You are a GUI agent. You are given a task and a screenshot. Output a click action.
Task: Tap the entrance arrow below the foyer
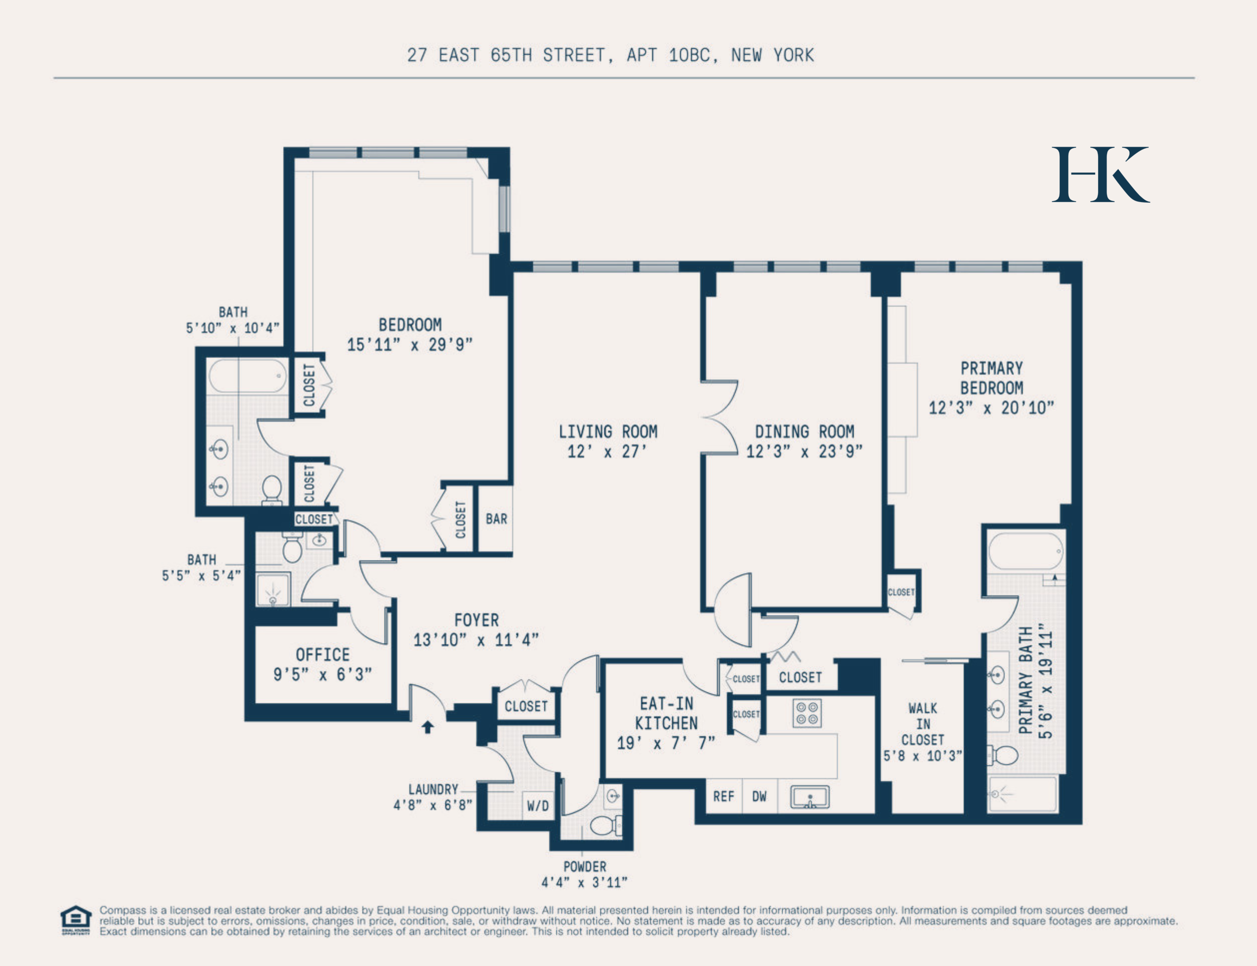[427, 727]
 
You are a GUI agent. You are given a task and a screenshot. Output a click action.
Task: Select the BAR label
[496, 519]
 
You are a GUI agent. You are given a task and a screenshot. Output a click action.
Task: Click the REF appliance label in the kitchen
[723, 797]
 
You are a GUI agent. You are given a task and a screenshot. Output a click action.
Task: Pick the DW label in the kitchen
[759, 797]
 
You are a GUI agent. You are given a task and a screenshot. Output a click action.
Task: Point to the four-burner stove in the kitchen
[807, 714]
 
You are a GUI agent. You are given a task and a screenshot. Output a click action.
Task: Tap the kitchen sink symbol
[810, 797]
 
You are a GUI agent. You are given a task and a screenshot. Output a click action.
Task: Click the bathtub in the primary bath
[1025, 551]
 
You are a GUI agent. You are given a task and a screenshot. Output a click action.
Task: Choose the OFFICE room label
[322, 655]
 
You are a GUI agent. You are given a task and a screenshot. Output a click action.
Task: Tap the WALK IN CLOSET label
[922, 724]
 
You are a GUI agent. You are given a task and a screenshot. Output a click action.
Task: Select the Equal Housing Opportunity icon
[76, 920]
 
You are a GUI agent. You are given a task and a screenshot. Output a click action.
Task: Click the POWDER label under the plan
[584, 867]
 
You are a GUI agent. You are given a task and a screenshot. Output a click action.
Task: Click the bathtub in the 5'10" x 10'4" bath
[247, 376]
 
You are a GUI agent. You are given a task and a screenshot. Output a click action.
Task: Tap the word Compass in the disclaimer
[123, 910]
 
